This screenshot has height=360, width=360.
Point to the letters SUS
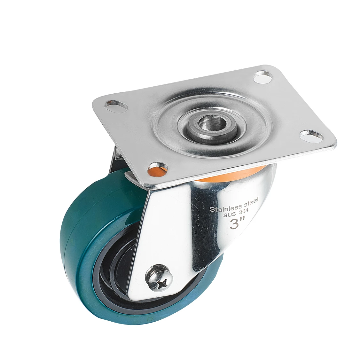tap(228, 216)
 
